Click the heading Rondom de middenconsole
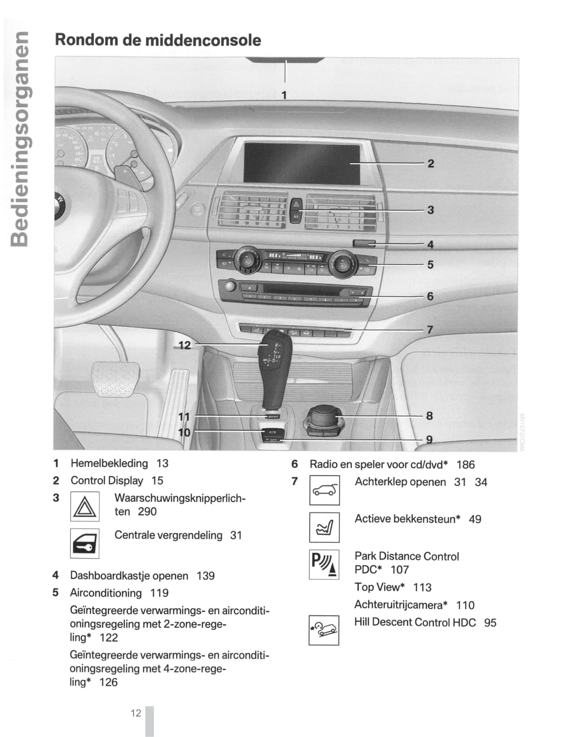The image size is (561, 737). click(158, 40)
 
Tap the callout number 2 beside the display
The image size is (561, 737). click(431, 164)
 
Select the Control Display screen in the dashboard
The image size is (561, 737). click(301, 163)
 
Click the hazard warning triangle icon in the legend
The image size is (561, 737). click(85, 507)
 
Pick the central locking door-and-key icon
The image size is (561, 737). click(85, 543)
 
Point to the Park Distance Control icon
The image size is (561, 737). click(324, 565)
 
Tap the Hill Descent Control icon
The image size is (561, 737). click(324, 630)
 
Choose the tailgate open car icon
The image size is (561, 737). click(324, 490)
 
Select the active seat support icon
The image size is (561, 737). click(324, 528)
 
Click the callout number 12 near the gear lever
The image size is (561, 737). click(184, 345)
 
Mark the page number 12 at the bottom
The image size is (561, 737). click(136, 713)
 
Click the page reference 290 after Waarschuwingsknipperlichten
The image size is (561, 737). click(147, 512)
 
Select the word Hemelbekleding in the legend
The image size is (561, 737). click(109, 463)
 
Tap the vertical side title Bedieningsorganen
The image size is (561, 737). click(20, 138)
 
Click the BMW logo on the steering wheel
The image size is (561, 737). click(59, 205)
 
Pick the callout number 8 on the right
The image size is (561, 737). click(429, 416)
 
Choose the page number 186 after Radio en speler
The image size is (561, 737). click(465, 465)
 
